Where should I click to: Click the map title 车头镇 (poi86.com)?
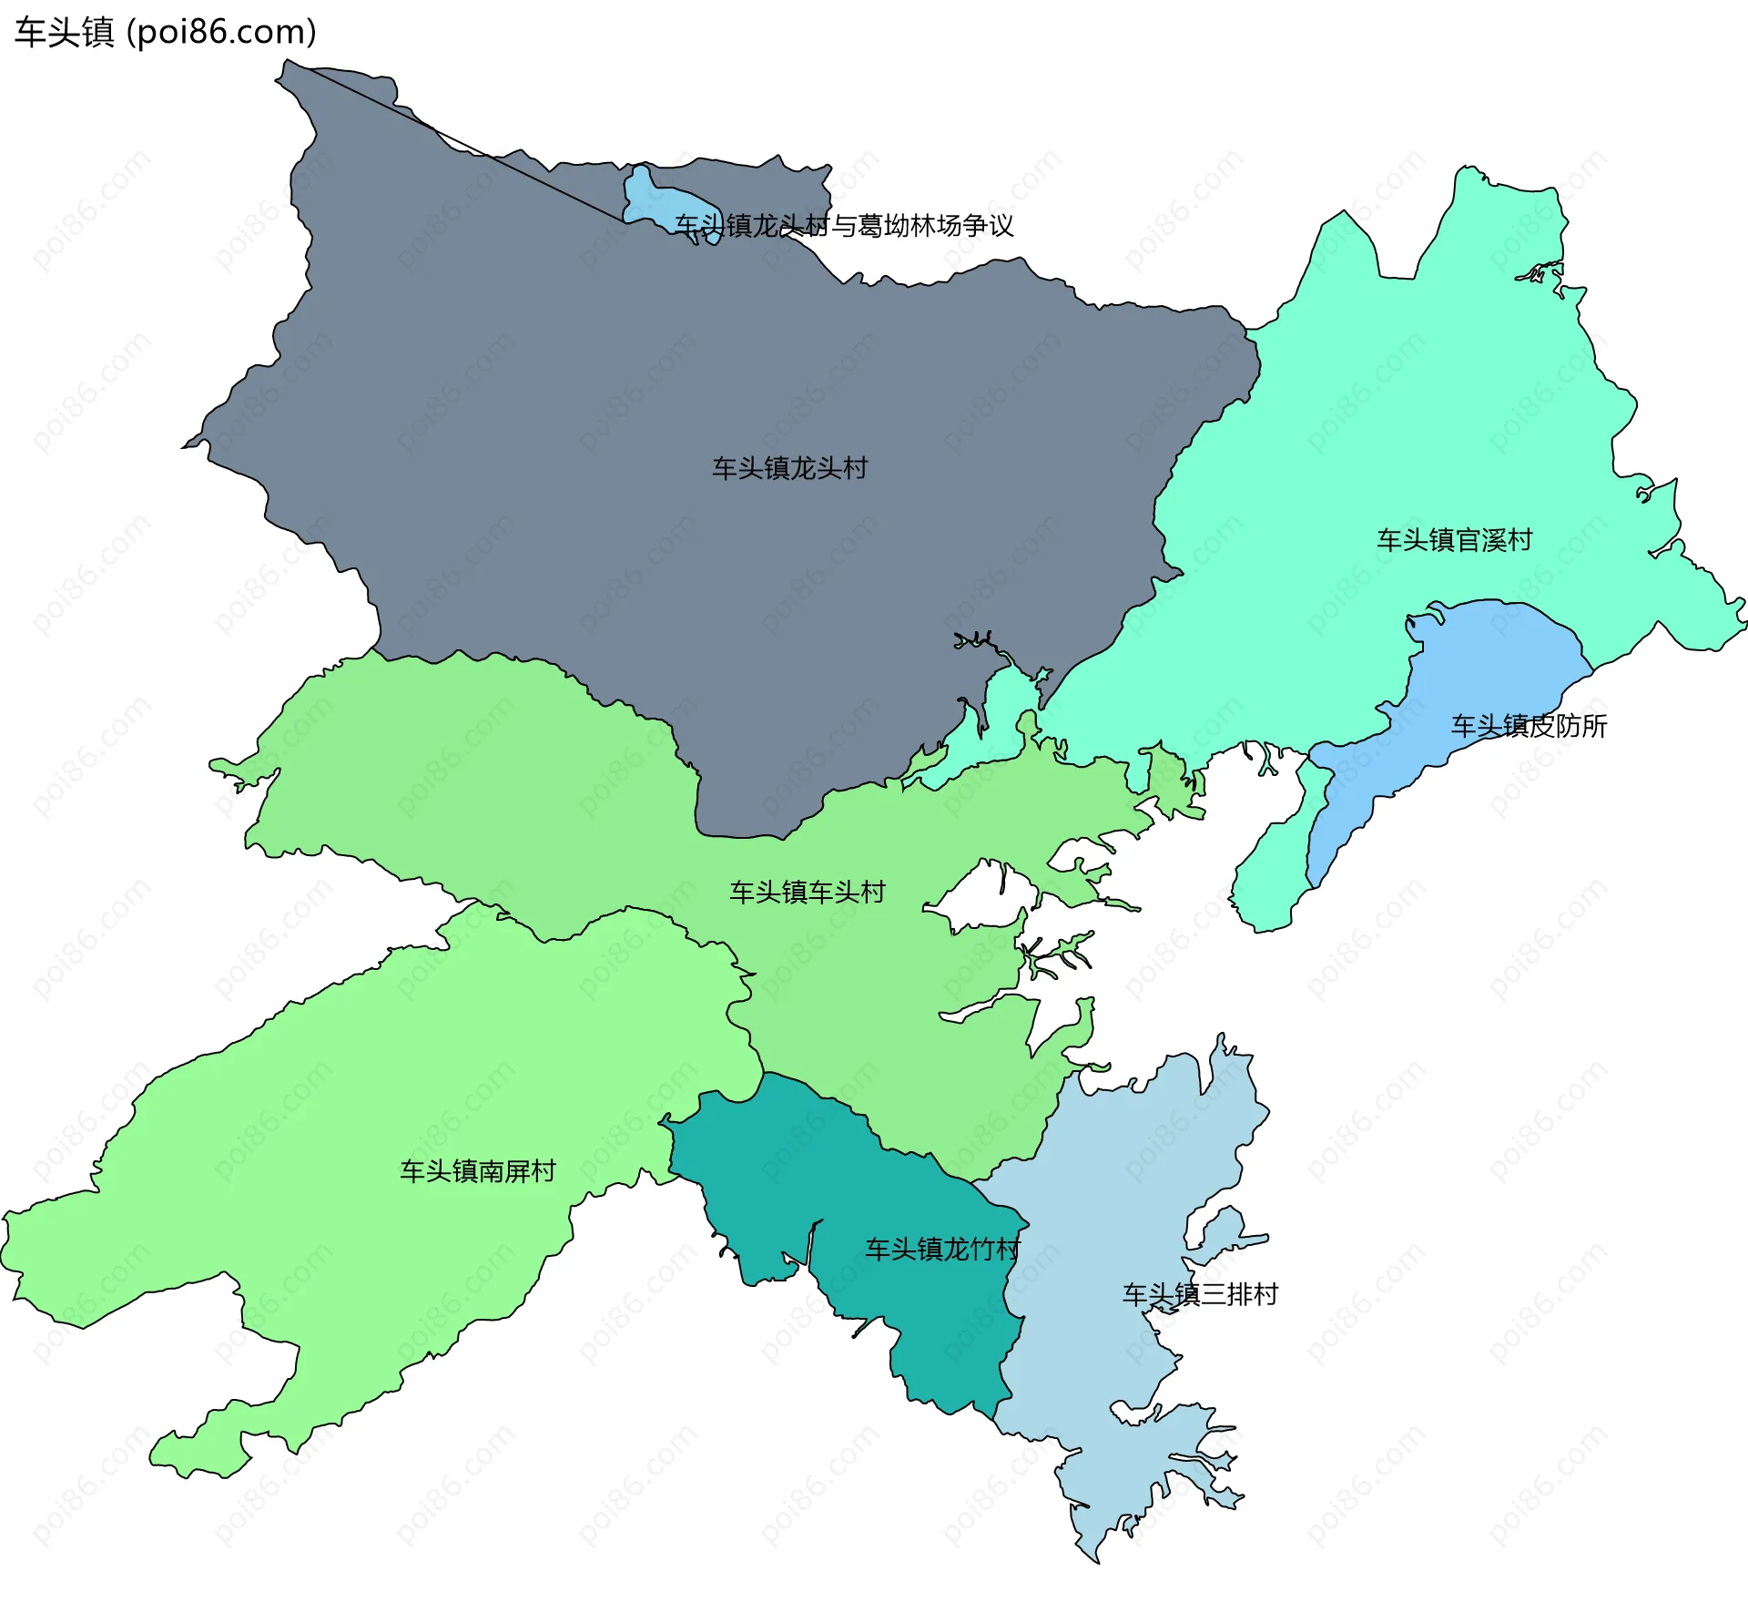point(165,32)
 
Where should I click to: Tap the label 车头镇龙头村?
point(789,468)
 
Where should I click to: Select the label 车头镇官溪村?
point(1454,540)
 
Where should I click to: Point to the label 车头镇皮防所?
point(1529,726)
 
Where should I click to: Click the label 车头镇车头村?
point(807,892)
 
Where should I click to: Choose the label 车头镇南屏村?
point(478,1170)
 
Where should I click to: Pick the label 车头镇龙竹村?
point(942,1249)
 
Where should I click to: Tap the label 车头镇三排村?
point(1200,1294)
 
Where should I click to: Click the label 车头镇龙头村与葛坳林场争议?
point(844,225)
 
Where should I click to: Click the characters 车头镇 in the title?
point(64,32)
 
